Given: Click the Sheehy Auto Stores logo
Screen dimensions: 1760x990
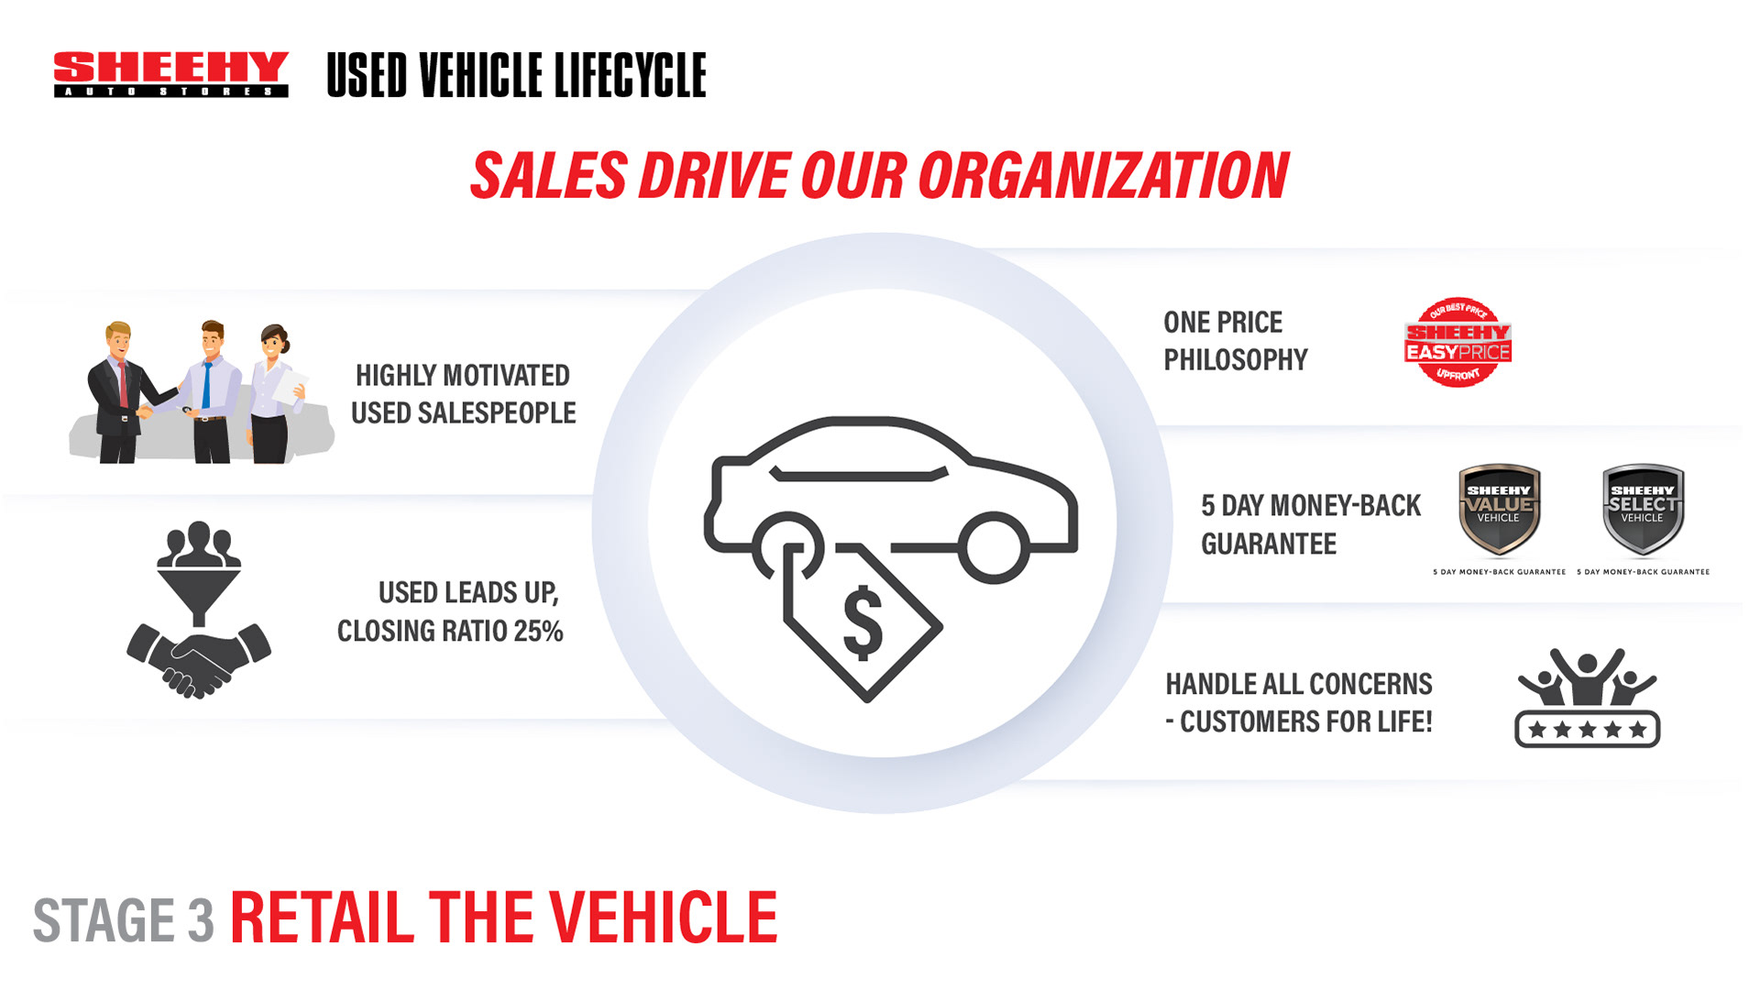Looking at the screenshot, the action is tap(171, 73).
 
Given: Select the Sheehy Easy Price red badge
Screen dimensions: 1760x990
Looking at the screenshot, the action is tap(1457, 343).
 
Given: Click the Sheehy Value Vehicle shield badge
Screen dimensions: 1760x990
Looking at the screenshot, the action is tap(1499, 509).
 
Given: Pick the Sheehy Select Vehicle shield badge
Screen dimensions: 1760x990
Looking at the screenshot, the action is tap(1642, 509).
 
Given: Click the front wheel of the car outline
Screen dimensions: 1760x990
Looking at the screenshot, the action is tap(994, 547).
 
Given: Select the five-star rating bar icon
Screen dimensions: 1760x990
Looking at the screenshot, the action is tap(1587, 730).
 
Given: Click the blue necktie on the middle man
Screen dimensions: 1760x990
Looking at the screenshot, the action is tap(207, 385).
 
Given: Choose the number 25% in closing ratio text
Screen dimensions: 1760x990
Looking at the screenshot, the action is tap(538, 631).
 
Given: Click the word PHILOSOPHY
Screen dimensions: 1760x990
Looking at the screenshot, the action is tap(1235, 360).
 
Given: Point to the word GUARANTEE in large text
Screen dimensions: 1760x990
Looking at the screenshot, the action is tap(1269, 544).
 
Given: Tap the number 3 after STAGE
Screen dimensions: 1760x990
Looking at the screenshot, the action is tap(201, 920).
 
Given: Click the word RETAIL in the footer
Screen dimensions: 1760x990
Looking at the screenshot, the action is tap(322, 918).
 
